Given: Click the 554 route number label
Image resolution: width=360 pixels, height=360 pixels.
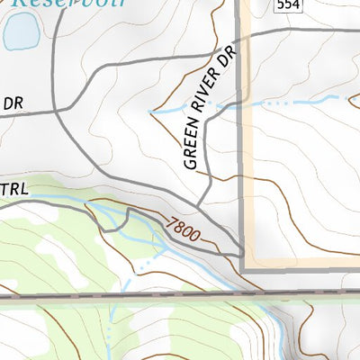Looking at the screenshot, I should pyautogui.click(x=286, y=5).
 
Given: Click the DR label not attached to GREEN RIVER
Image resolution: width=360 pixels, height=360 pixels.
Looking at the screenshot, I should pyautogui.click(x=12, y=103).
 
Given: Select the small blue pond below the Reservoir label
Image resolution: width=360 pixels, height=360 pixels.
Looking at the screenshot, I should pyautogui.click(x=21, y=33).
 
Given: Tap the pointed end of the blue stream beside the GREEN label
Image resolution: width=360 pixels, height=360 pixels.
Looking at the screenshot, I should pyautogui.click(x=150, y=111).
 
